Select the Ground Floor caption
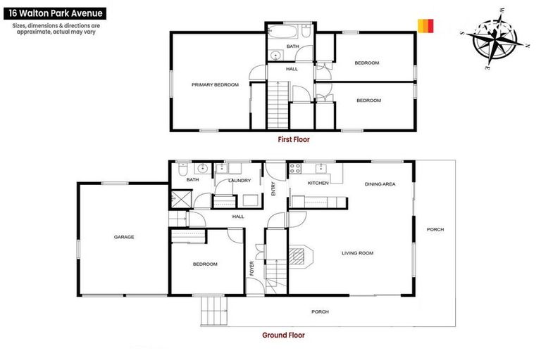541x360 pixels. (283, 335)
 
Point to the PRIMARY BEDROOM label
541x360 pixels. (215, 84)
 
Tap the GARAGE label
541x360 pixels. (124, 237)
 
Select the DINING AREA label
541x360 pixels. (380, 184)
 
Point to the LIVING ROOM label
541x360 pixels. (357, 253)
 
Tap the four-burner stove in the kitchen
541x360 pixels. (294, 169)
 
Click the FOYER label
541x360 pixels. (251, 268)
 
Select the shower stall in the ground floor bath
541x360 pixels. (176, 199)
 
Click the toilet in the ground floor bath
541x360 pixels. (182, 169)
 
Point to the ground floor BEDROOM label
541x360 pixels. (205, 264)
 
